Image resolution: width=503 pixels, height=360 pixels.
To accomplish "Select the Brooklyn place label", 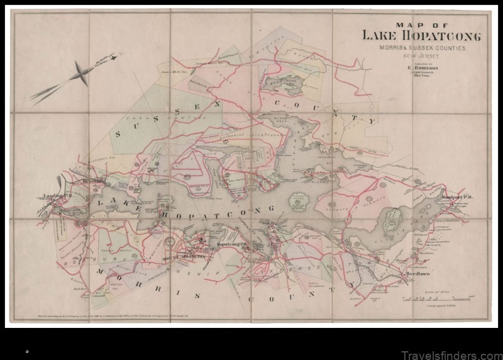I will [92, 182].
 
